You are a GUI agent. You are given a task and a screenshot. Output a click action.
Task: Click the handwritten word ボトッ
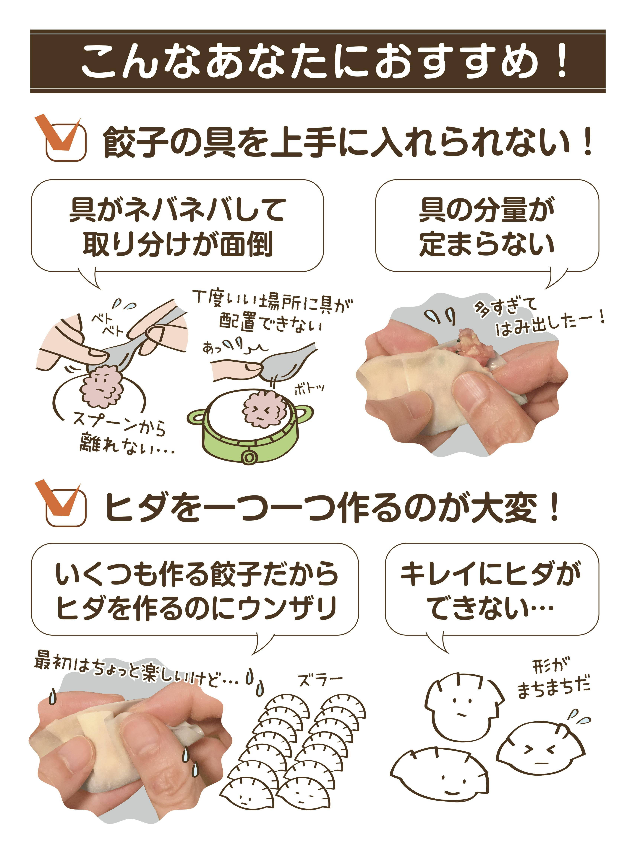[x=309, y=388]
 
